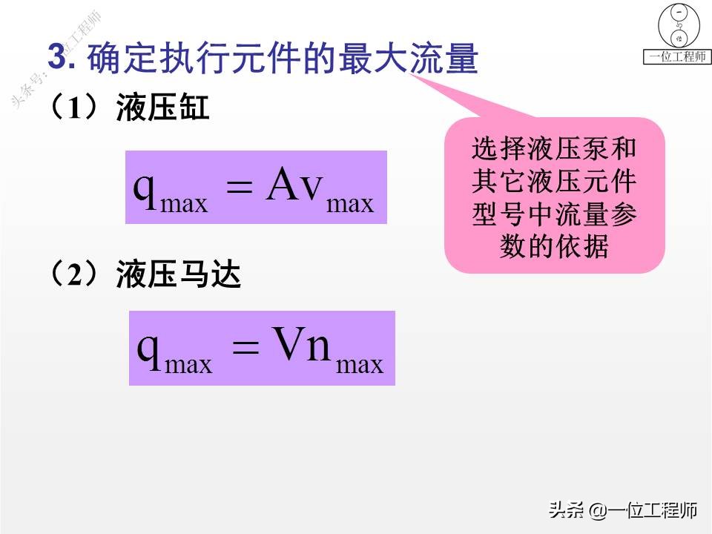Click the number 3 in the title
(59, 59)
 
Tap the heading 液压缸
(163, 110)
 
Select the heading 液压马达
(179, 277)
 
